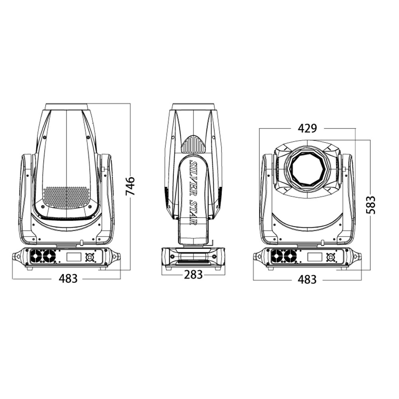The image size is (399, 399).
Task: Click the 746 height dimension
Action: (x=130, y=186)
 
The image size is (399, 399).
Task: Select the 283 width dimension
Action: (x=194, y=275)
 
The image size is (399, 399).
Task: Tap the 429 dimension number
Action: (x=307, y=128)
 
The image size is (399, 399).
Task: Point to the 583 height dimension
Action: (x=371, y=205)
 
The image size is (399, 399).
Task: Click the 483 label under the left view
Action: (x=68, y=279)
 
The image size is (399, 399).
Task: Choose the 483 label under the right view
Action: (x=307, y=280)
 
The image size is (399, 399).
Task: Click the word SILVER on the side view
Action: (x=193, y=173)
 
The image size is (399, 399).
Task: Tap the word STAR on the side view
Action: (x=194, y=208)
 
